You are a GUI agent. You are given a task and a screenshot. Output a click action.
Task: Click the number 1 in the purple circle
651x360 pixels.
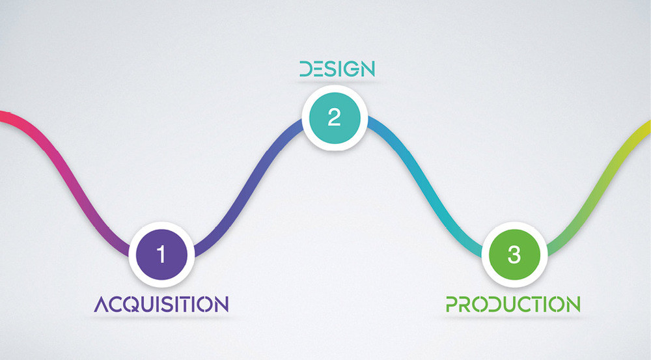[x=161, y=254]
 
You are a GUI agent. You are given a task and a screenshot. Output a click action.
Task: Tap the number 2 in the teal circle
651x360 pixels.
[x=334, y=117]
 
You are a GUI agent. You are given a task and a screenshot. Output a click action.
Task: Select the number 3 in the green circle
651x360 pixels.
[x=514, y=254]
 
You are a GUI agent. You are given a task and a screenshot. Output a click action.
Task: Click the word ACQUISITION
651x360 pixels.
[x=161, y=305]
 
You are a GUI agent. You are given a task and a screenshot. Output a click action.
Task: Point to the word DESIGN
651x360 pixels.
[x=337, y=69]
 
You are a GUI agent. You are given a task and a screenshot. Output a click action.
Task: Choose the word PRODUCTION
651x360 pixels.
[x=513, y=305]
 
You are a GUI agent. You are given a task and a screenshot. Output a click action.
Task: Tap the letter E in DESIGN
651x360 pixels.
[x=315, y=69]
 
